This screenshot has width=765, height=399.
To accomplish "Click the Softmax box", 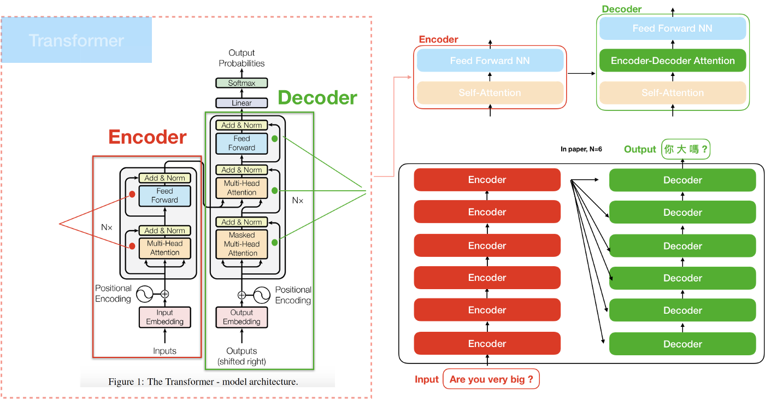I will click(242, 83).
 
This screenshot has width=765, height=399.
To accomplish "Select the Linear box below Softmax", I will click(242, 103).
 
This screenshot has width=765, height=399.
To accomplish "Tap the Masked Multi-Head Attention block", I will click(242, 244).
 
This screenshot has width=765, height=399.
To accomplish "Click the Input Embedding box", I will click(164, 317).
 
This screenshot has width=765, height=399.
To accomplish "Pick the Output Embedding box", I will click(242, 317).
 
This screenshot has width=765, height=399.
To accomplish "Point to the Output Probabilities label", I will click(242, 58).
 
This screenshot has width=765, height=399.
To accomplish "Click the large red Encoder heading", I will click(148, 137).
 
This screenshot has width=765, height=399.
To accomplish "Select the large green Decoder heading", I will click(317, 98).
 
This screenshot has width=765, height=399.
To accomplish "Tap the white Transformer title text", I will click(76, 40).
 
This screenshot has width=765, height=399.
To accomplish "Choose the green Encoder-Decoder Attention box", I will click(673, 61).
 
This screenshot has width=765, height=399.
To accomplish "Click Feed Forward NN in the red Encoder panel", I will click(490, 61).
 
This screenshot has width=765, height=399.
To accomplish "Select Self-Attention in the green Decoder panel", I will click(673, 93).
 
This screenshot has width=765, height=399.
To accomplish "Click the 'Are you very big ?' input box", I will click(491, 379).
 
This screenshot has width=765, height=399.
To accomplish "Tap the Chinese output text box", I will click(686, 149).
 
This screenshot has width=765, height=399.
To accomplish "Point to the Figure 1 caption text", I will click(203, 382).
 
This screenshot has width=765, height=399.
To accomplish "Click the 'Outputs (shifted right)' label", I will click(242, 356).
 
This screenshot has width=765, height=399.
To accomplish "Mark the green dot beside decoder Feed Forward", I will click(275, 139).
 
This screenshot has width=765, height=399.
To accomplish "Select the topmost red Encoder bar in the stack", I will click(487, 180).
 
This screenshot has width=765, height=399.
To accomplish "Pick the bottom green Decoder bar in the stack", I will click(682, 344).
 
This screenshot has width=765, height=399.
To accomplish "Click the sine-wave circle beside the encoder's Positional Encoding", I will click(145, 294).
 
